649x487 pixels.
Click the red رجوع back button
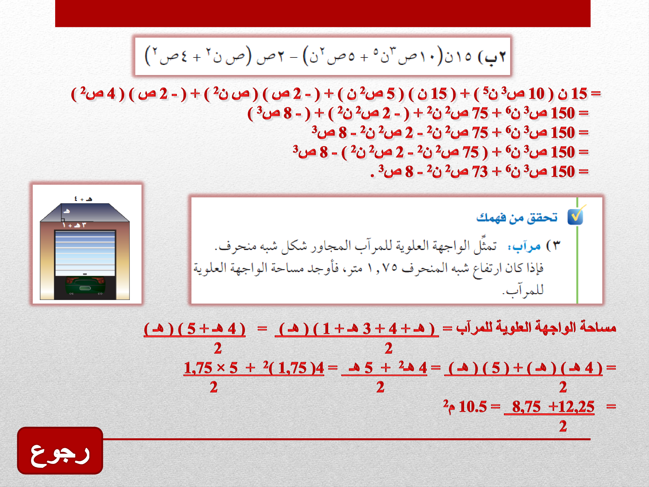[60, 451]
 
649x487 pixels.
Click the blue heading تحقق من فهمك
[517, 217]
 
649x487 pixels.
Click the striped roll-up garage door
[85, 253]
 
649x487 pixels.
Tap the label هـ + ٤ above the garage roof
[83, 199]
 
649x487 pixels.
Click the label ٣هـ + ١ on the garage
[74, 225]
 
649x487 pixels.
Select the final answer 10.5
[473, 406]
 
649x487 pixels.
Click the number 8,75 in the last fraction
[526, 406]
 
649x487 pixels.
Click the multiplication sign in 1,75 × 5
[221, 368]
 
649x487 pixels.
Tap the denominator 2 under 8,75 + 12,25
[563, 426]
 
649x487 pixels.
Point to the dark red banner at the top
[323, 13]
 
